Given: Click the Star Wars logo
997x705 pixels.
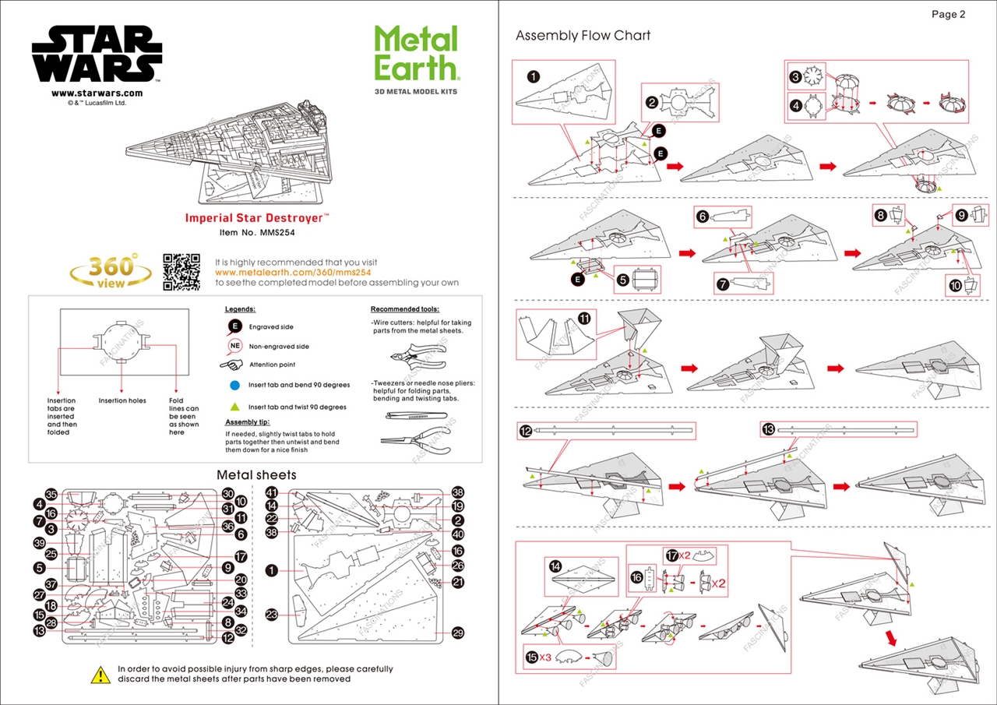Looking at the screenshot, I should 97,54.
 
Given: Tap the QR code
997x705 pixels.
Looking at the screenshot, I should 181,272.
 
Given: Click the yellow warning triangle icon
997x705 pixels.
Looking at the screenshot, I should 100,675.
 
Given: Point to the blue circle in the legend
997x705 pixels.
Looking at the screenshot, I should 234,385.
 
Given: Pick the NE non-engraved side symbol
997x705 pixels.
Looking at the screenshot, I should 234,346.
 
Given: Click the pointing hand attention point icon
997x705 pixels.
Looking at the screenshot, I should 232,365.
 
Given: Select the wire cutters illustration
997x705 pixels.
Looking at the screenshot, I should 417,356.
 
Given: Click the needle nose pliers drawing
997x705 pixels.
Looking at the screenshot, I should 413,440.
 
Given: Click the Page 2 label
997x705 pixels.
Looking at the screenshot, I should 948,14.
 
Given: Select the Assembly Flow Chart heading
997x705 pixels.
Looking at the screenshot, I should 583,36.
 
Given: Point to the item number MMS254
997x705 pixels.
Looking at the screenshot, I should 257,231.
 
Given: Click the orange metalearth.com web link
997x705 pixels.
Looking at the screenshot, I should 292,273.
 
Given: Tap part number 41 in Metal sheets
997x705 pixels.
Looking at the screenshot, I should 272,492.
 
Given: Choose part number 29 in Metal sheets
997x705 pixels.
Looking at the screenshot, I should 458,633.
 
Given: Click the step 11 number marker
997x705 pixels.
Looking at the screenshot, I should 584,318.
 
